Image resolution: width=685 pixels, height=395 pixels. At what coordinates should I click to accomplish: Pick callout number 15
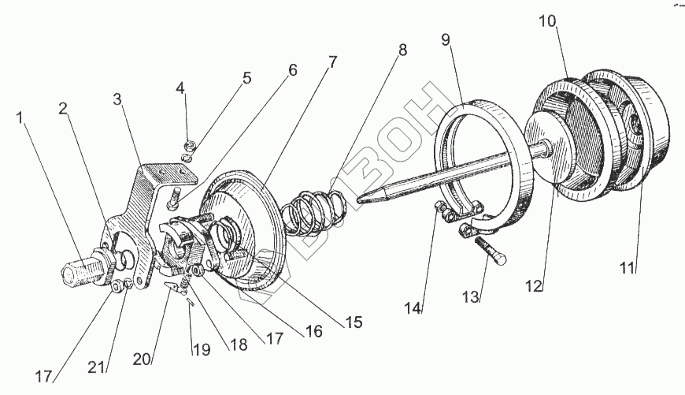pyautogui.click(x=354, y=322)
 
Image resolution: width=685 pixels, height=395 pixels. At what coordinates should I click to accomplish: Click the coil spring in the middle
pyautogui.click(x=313, y=214)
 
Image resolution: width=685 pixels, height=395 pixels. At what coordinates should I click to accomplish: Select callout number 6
pyautogui.click(x=293, y=70)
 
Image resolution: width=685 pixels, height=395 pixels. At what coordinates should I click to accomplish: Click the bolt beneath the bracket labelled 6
pyautogui.click(x=175, y=194)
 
